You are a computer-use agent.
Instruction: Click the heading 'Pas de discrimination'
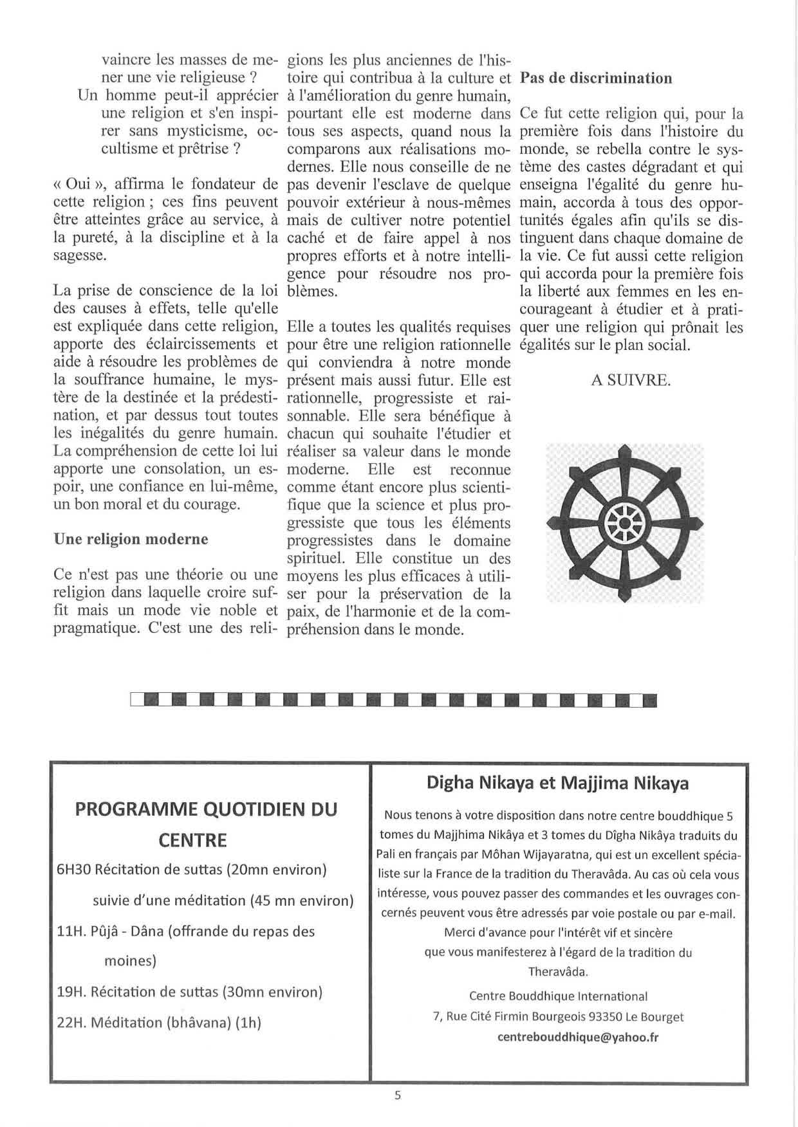596,78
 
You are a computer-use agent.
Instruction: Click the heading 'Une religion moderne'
131,539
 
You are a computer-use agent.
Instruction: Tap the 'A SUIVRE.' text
631,380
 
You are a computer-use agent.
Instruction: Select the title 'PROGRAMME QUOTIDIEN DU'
206,809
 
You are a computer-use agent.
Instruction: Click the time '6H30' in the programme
73,870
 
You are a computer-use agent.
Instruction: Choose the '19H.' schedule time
71,992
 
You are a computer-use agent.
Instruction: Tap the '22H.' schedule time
71,1023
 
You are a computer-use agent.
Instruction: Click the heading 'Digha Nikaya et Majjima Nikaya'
557,783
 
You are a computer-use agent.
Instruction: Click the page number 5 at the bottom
398,1095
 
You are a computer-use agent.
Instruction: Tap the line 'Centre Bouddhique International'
558,996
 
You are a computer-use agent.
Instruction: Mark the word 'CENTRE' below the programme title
192,840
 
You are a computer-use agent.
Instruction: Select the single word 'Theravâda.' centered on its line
558,971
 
